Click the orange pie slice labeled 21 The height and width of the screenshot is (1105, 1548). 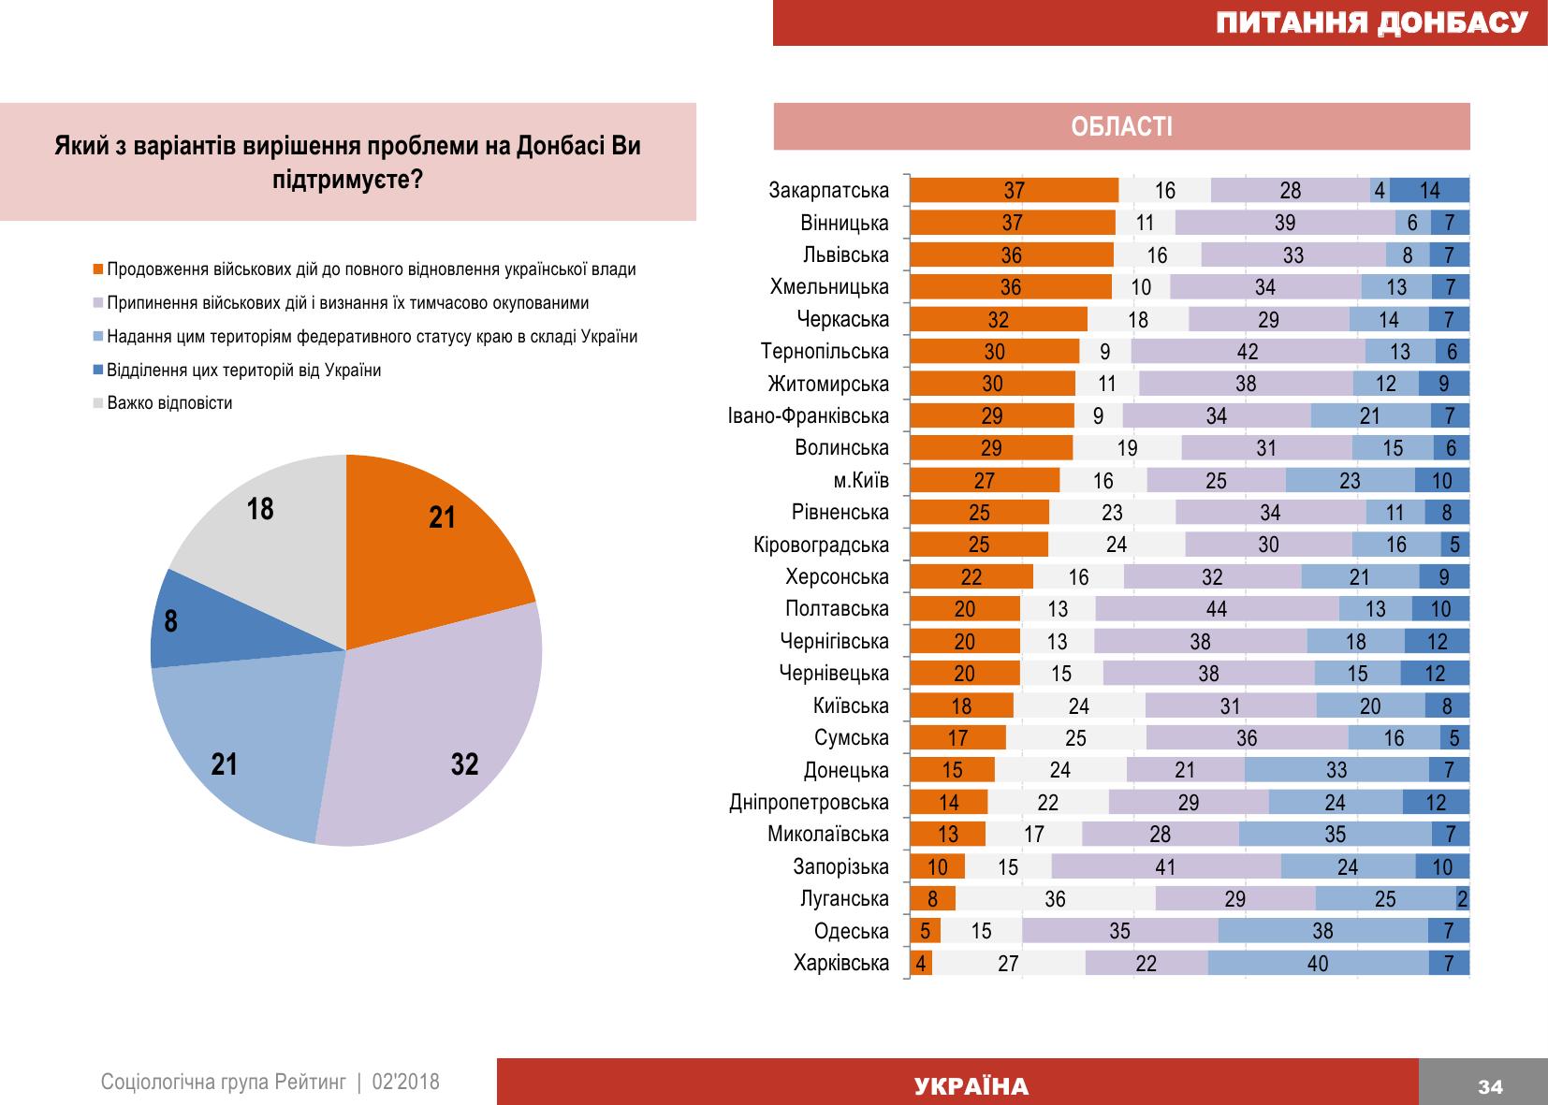coord(431,543)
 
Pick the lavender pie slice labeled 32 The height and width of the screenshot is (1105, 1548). coord(440,739)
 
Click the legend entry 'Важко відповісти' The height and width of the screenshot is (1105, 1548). coord(169,403)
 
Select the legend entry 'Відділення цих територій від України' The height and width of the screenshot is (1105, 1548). coord(243,370)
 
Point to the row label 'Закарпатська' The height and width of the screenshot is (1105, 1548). coord(828,191)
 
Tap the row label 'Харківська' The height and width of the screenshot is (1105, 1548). coord(840,963)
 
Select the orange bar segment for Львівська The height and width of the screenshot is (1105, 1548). coord(1012,255)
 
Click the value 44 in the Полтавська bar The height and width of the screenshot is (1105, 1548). coord(1216,609)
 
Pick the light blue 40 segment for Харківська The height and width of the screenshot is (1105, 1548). coord(1318,963)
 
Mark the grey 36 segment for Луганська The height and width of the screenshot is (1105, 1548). coord(1055,899)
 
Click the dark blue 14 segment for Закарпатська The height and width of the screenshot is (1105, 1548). coord(1429,191)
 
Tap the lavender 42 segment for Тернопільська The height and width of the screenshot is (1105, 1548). coord(1248,352)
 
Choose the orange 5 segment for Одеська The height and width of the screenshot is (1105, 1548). coord(925,931)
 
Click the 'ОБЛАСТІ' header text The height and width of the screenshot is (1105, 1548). coord(1121,126)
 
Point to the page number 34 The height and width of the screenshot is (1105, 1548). coord(1490,1086)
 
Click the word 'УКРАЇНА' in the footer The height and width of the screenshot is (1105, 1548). coord(971,1086)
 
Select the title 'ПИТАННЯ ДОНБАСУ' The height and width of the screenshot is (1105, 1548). coord(1371,22)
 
